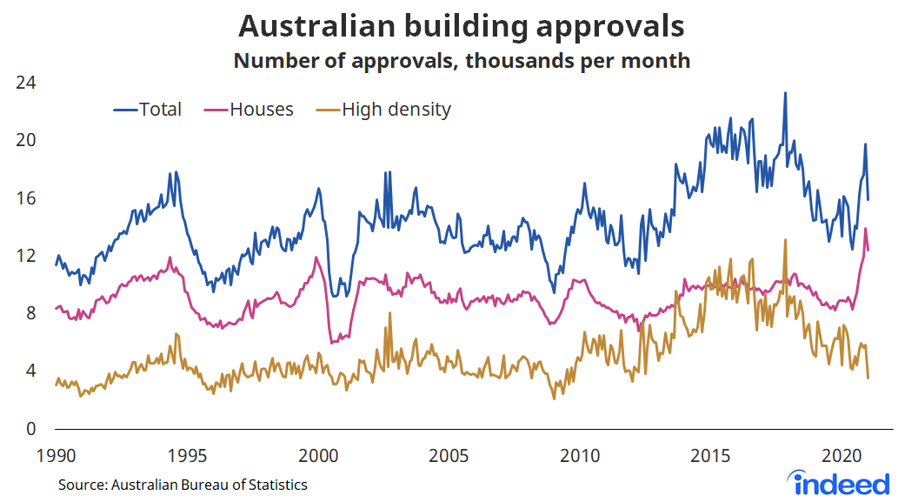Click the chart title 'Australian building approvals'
click(x=461, y=26)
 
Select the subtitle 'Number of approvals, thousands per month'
click(x=461, y=61)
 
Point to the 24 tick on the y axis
click(x=26, y=83)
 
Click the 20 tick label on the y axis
click(x=26, y=140)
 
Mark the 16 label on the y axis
click(x=26, y=197)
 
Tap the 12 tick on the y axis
click(x=26, y=256)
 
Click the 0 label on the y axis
click(x=31, y=428)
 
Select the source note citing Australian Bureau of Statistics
click(x=183, y=485)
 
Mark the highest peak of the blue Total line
click(x=785, y=93)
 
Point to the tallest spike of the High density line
click(x=785, y=240)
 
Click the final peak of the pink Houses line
click(x=866, y=229)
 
